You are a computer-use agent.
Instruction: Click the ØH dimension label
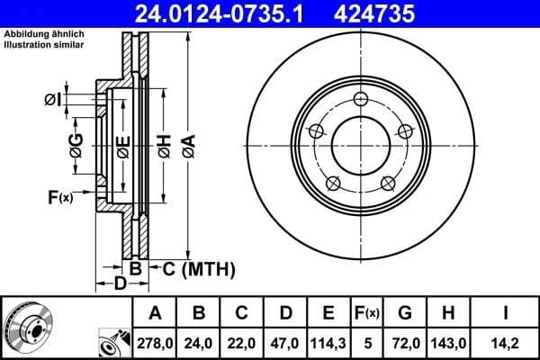click(164, 144)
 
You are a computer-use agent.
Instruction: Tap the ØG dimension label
click(76, 145)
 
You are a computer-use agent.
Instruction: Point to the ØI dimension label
click(52, 100)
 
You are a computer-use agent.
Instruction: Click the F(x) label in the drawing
click(59, 196)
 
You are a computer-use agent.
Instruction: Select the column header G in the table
click(405, 312)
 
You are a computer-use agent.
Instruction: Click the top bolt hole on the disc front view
click(361, 99)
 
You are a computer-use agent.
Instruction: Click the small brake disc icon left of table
click(26, 328)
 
